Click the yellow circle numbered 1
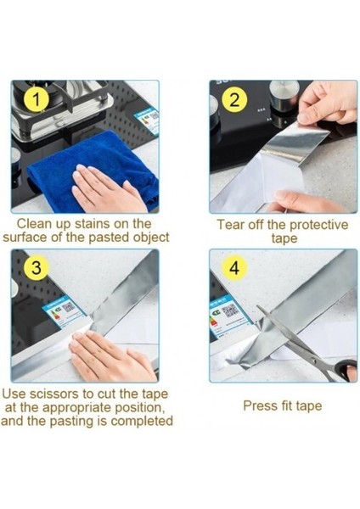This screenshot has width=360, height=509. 37,99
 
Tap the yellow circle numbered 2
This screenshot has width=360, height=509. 234,99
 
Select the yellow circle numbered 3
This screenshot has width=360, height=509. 37,268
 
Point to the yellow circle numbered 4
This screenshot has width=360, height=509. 234,268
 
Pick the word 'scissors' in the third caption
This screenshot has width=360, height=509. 54,394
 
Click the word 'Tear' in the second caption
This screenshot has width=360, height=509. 230,225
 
